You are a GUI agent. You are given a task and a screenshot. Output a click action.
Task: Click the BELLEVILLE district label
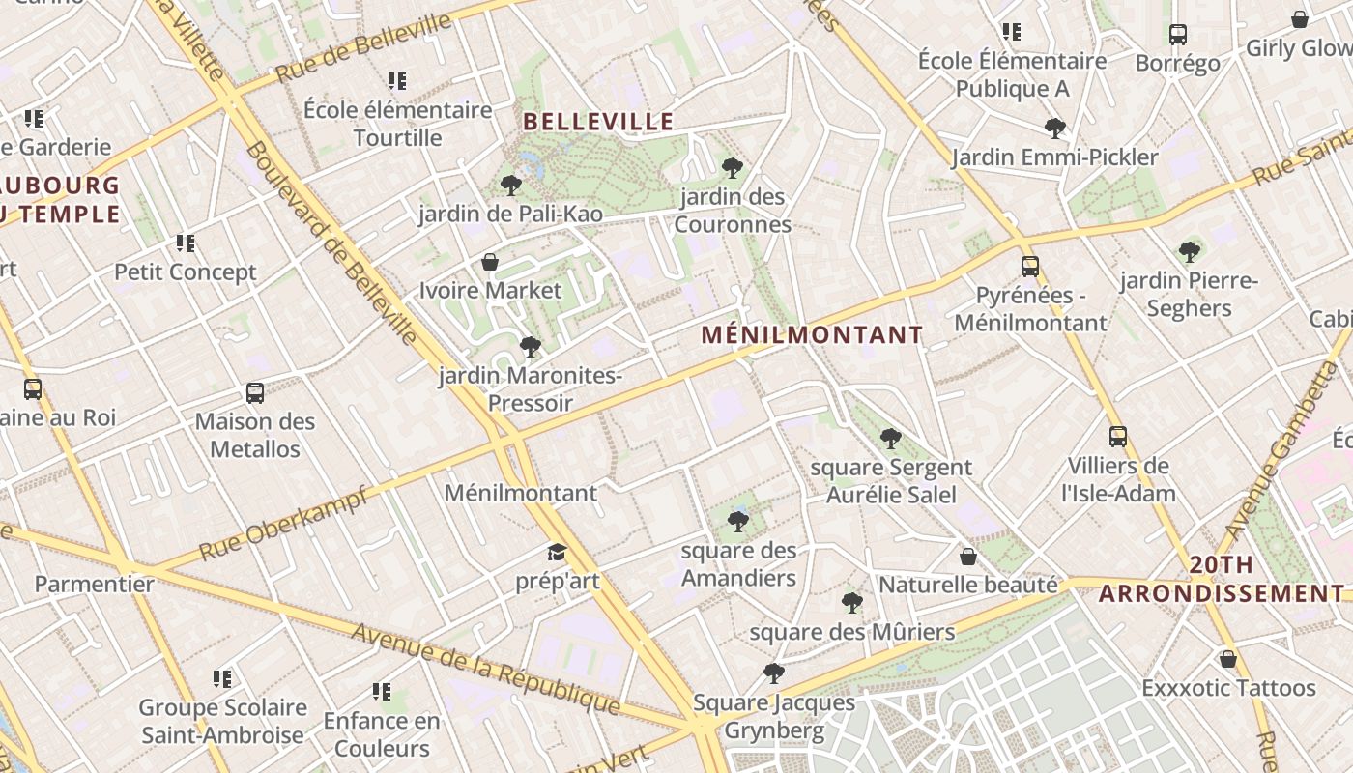point(598,122)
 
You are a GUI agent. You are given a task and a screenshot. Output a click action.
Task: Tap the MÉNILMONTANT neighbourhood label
point(812,335)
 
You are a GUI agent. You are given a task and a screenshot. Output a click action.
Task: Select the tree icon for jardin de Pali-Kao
point(511,185)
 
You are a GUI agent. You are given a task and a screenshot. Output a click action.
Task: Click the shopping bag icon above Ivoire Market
point(490,262)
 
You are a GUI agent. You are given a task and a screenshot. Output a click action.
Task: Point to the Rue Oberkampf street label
point(283,525)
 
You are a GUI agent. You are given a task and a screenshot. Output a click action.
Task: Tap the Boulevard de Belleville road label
point(331,242)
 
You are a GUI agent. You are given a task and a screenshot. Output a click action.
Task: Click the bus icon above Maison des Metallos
point(255,393)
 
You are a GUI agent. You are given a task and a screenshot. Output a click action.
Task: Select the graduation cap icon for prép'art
point(557,552)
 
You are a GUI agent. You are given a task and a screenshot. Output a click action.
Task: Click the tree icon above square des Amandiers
point(738,522)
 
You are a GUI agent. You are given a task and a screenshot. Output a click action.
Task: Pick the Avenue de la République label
point(484,668)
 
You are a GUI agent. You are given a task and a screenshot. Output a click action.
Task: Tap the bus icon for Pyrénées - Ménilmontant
point(1030,267)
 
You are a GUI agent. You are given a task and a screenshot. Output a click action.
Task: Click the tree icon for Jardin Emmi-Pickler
point(1055,129)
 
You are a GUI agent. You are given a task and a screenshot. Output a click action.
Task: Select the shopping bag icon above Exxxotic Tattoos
point(1228,659)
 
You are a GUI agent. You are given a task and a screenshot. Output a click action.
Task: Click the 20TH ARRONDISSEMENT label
point(1222,579)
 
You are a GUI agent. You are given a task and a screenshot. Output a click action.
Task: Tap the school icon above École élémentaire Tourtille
point(397,81)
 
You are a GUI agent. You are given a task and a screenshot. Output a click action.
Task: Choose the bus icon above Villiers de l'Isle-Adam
point(1118,437)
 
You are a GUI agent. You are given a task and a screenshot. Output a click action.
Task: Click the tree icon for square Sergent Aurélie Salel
point(891,439)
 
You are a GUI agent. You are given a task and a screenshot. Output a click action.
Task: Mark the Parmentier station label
point(95,584)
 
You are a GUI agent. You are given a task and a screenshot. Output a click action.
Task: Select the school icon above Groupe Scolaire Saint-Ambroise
point(222,679)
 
